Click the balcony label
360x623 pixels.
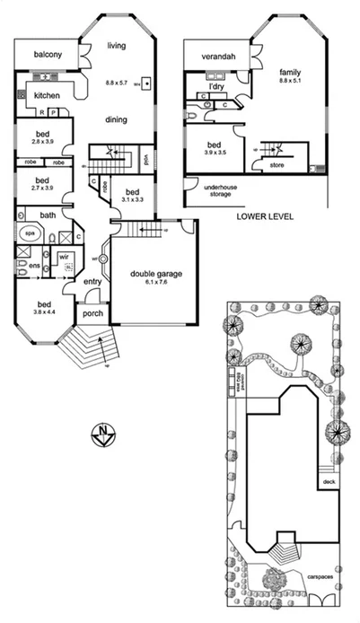click(x=48, y=55)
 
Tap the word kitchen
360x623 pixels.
click(x=48, y=96)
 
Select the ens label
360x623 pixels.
click(x=32, y=266)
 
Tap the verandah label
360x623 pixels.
click(x=217, y=57)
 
